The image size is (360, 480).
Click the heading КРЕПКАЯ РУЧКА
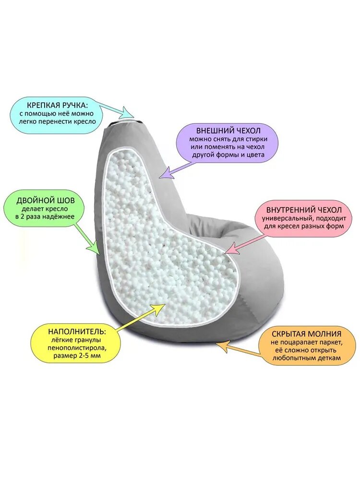pos(57,105)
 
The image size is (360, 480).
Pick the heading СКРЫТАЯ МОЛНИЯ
pos(306,333)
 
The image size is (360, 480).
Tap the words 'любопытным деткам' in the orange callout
pos(306,359)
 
